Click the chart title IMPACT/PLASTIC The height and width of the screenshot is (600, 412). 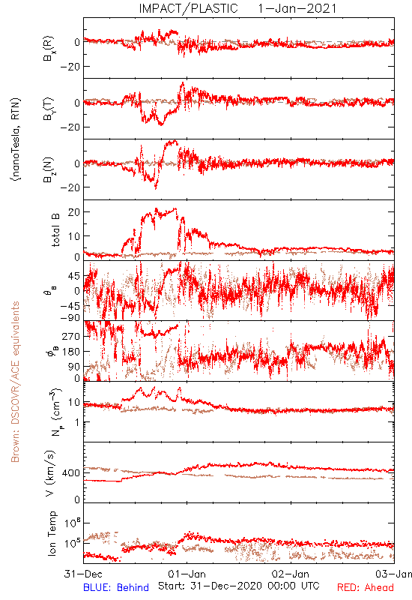[x=188, y=8]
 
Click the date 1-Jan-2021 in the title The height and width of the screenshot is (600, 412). [x=297, y=8]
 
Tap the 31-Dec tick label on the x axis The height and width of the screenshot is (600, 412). [x=83, y=574]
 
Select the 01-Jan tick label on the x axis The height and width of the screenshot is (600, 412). [x=187, y=574]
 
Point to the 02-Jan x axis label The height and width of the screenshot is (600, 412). [x=291, y=574]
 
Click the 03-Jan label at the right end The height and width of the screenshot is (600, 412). [x=394, y=574]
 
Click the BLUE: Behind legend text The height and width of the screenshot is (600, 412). [x=116, y=587]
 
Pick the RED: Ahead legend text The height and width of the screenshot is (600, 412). [x=366, y=587]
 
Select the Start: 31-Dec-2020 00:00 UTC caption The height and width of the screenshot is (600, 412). [x=239, y=586]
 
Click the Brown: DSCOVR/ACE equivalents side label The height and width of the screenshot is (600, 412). [x=15, y=382]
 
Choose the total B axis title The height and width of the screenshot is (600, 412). [x=55, y=230]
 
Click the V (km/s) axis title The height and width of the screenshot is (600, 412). [x=51, y=473]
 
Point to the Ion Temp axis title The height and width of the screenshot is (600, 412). [x=52, y=533]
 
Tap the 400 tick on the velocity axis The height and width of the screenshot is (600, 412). [x=71, y=473]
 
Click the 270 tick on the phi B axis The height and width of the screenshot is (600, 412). [x=71, y=336]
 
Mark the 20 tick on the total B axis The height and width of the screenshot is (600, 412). [x=74, y=212]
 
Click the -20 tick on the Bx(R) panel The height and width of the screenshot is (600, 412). [x=70, y=67]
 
